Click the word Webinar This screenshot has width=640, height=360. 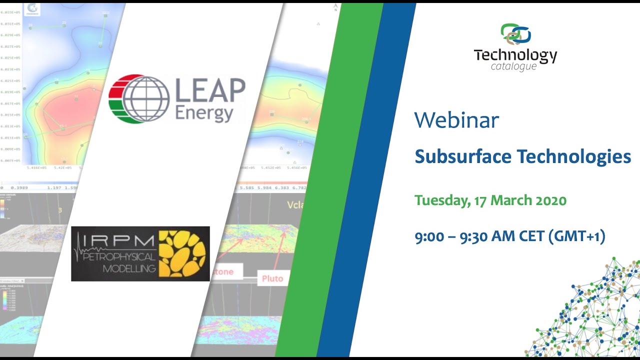pyautogui.click(x=456, y=120)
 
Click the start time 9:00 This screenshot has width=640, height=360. pyautogui.click(x=429, y=236)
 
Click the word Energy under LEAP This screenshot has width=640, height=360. pyautogui.click(x=204, y=113)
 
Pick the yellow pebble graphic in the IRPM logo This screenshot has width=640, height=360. pyautogui.click(x=182, y=254)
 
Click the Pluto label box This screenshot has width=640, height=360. pyautogui.click(x=272, y=278)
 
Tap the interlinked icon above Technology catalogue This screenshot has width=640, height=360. pyautogui.click(x=515, y=34)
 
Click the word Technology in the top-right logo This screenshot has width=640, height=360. pyautogui.click(x=515, y=55)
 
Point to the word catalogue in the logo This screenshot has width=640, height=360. pyautogui.click(x=513, y=66)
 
